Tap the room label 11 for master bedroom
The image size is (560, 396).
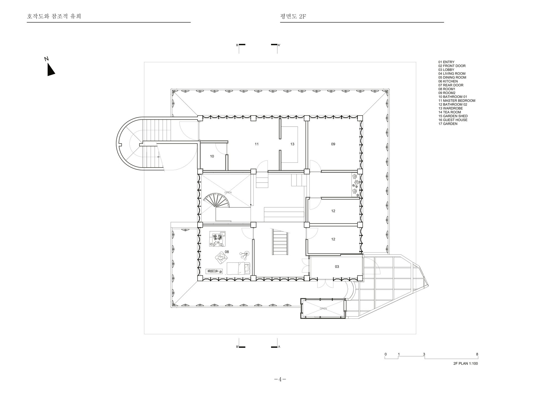(256, 144)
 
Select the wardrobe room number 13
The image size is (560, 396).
(292, 144)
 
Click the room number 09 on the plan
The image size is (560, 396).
(333, 144)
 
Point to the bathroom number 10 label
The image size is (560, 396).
(212, 156)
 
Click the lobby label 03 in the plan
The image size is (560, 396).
(337, 267)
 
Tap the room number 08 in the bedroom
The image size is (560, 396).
(227, 252)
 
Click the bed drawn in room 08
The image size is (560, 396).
(238, 268)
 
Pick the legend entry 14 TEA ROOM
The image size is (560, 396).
(450, 112)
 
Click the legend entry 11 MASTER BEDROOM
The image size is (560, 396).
(457, 101)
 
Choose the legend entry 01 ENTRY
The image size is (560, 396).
(446, 62)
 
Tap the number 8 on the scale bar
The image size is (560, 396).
(477, 354)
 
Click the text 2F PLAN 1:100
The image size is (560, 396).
(466, 364)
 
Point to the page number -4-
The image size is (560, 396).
(280, 379)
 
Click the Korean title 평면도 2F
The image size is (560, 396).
(293, 16)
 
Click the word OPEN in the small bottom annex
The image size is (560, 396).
(323, 309)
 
